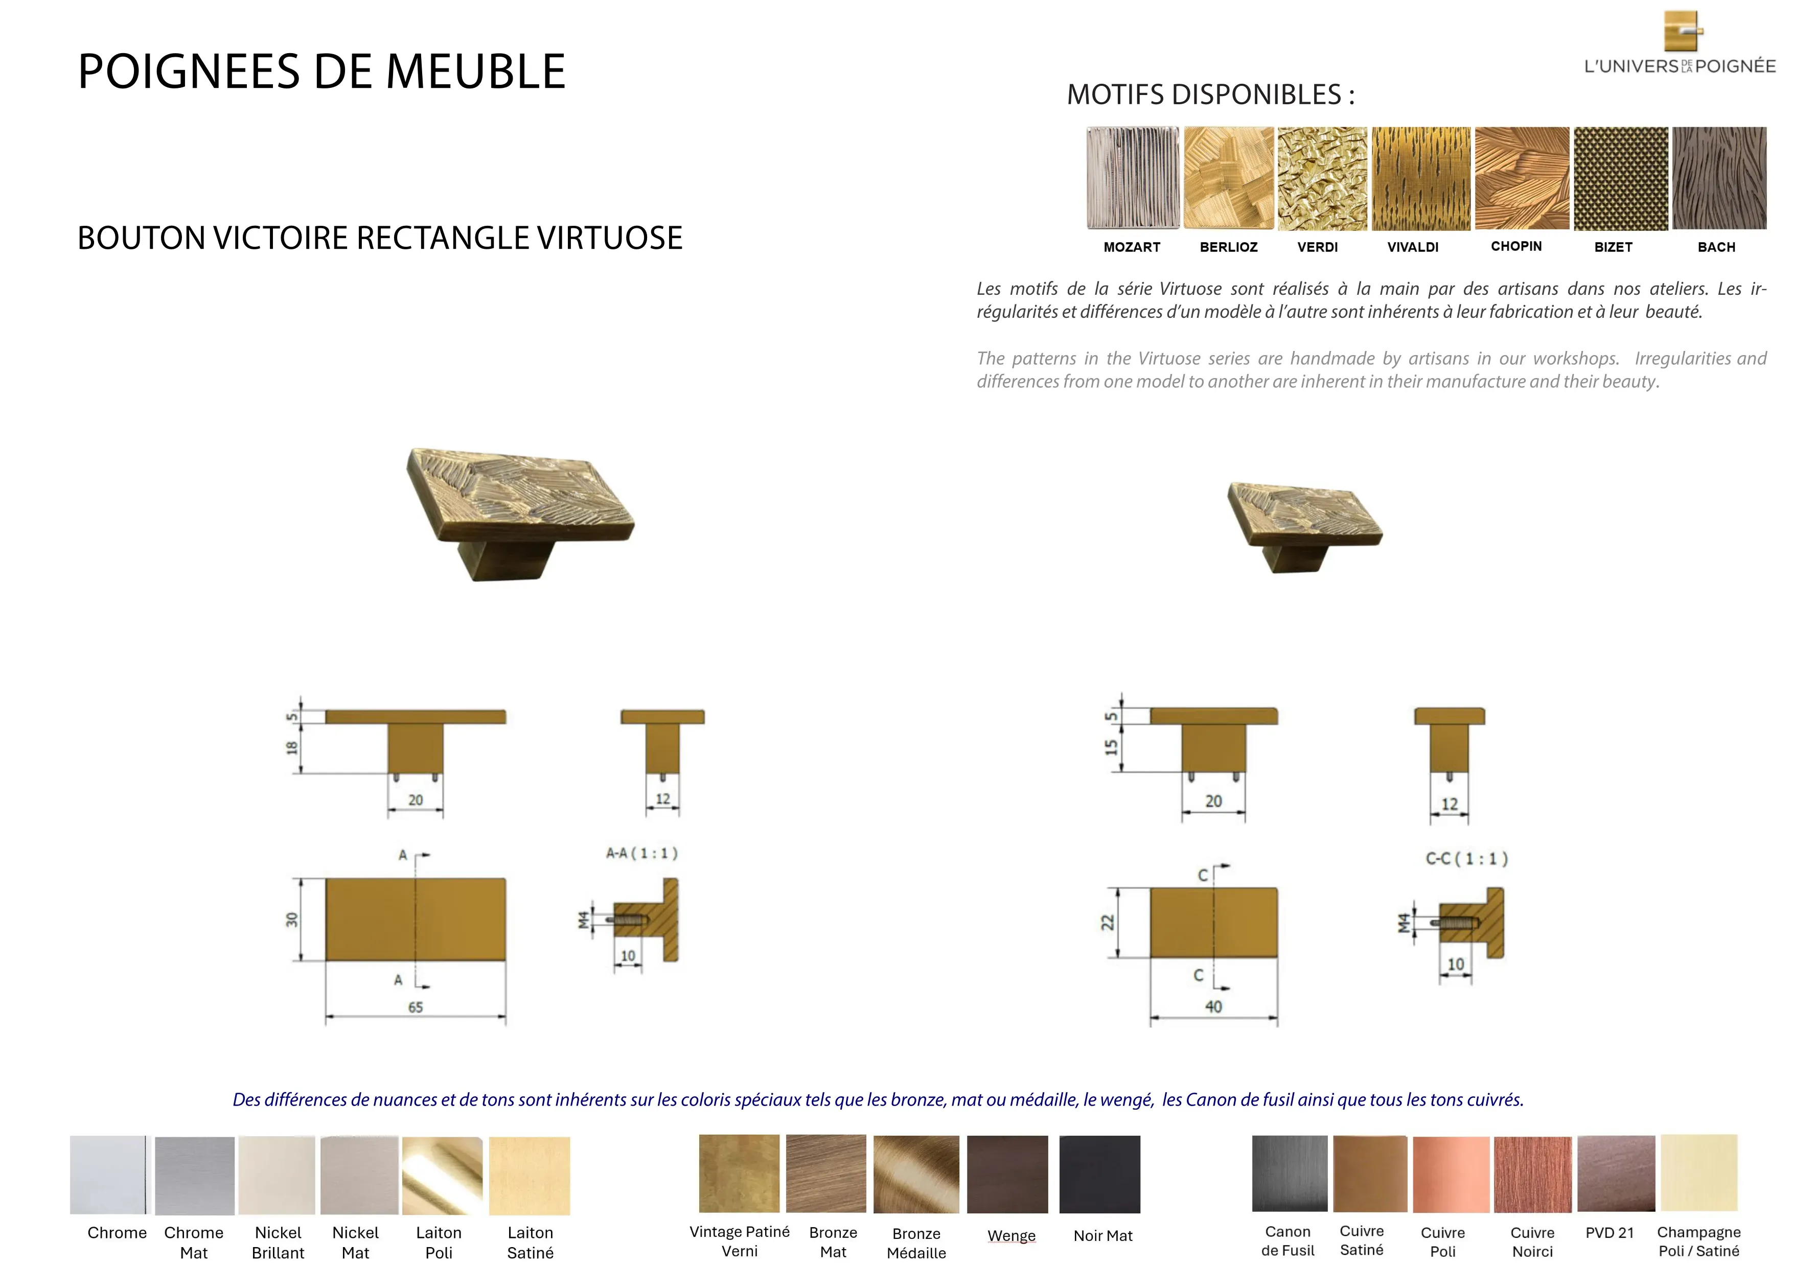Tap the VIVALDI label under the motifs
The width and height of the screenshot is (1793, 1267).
(1413, 247)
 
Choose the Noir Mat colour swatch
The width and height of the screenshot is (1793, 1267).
(1099, 1174)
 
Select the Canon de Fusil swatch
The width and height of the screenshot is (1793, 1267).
(1290, 1174)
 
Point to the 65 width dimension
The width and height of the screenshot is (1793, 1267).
(416, 1007)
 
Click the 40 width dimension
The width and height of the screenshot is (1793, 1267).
(1213, 1006)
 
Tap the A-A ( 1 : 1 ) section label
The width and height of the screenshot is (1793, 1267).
(642, 853)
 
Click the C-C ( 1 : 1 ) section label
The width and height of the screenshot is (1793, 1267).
(1466, 859)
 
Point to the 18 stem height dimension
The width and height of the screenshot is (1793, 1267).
(292, 747)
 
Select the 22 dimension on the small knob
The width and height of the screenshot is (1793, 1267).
(1108, 922)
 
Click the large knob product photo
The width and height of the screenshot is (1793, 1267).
(519, 513)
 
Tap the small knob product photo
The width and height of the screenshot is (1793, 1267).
(1304, 527)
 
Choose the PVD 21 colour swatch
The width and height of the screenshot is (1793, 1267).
(1616, 1174)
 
